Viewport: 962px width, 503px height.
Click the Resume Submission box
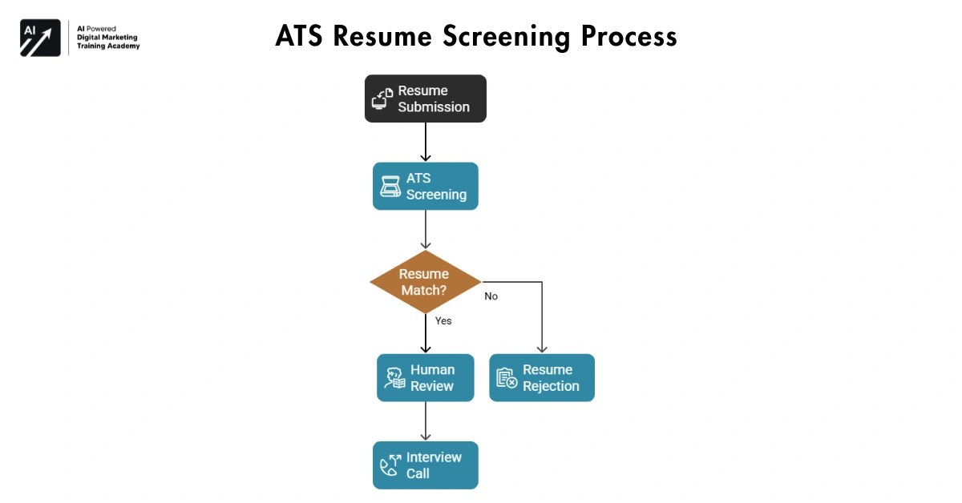425,99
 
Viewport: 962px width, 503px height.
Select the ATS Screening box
425,187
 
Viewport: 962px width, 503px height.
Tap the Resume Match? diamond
425,282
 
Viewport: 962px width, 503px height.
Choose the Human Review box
425,378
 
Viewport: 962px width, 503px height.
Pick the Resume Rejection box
542,378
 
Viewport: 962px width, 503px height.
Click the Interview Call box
425,465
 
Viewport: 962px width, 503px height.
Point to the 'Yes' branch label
443,320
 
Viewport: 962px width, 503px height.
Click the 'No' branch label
491,296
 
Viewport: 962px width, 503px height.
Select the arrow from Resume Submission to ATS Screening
425,142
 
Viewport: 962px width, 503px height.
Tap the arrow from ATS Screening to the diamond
425,230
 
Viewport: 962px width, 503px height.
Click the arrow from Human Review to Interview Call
425,421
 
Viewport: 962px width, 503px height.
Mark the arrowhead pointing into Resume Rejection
542,349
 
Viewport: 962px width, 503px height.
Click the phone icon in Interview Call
390,466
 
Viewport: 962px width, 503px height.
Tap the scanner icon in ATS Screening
390,187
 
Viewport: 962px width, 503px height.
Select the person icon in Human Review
394,378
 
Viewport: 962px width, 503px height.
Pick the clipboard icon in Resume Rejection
507,378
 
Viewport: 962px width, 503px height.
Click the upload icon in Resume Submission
382,99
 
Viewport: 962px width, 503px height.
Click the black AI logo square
40,38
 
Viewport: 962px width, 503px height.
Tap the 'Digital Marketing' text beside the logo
106,37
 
